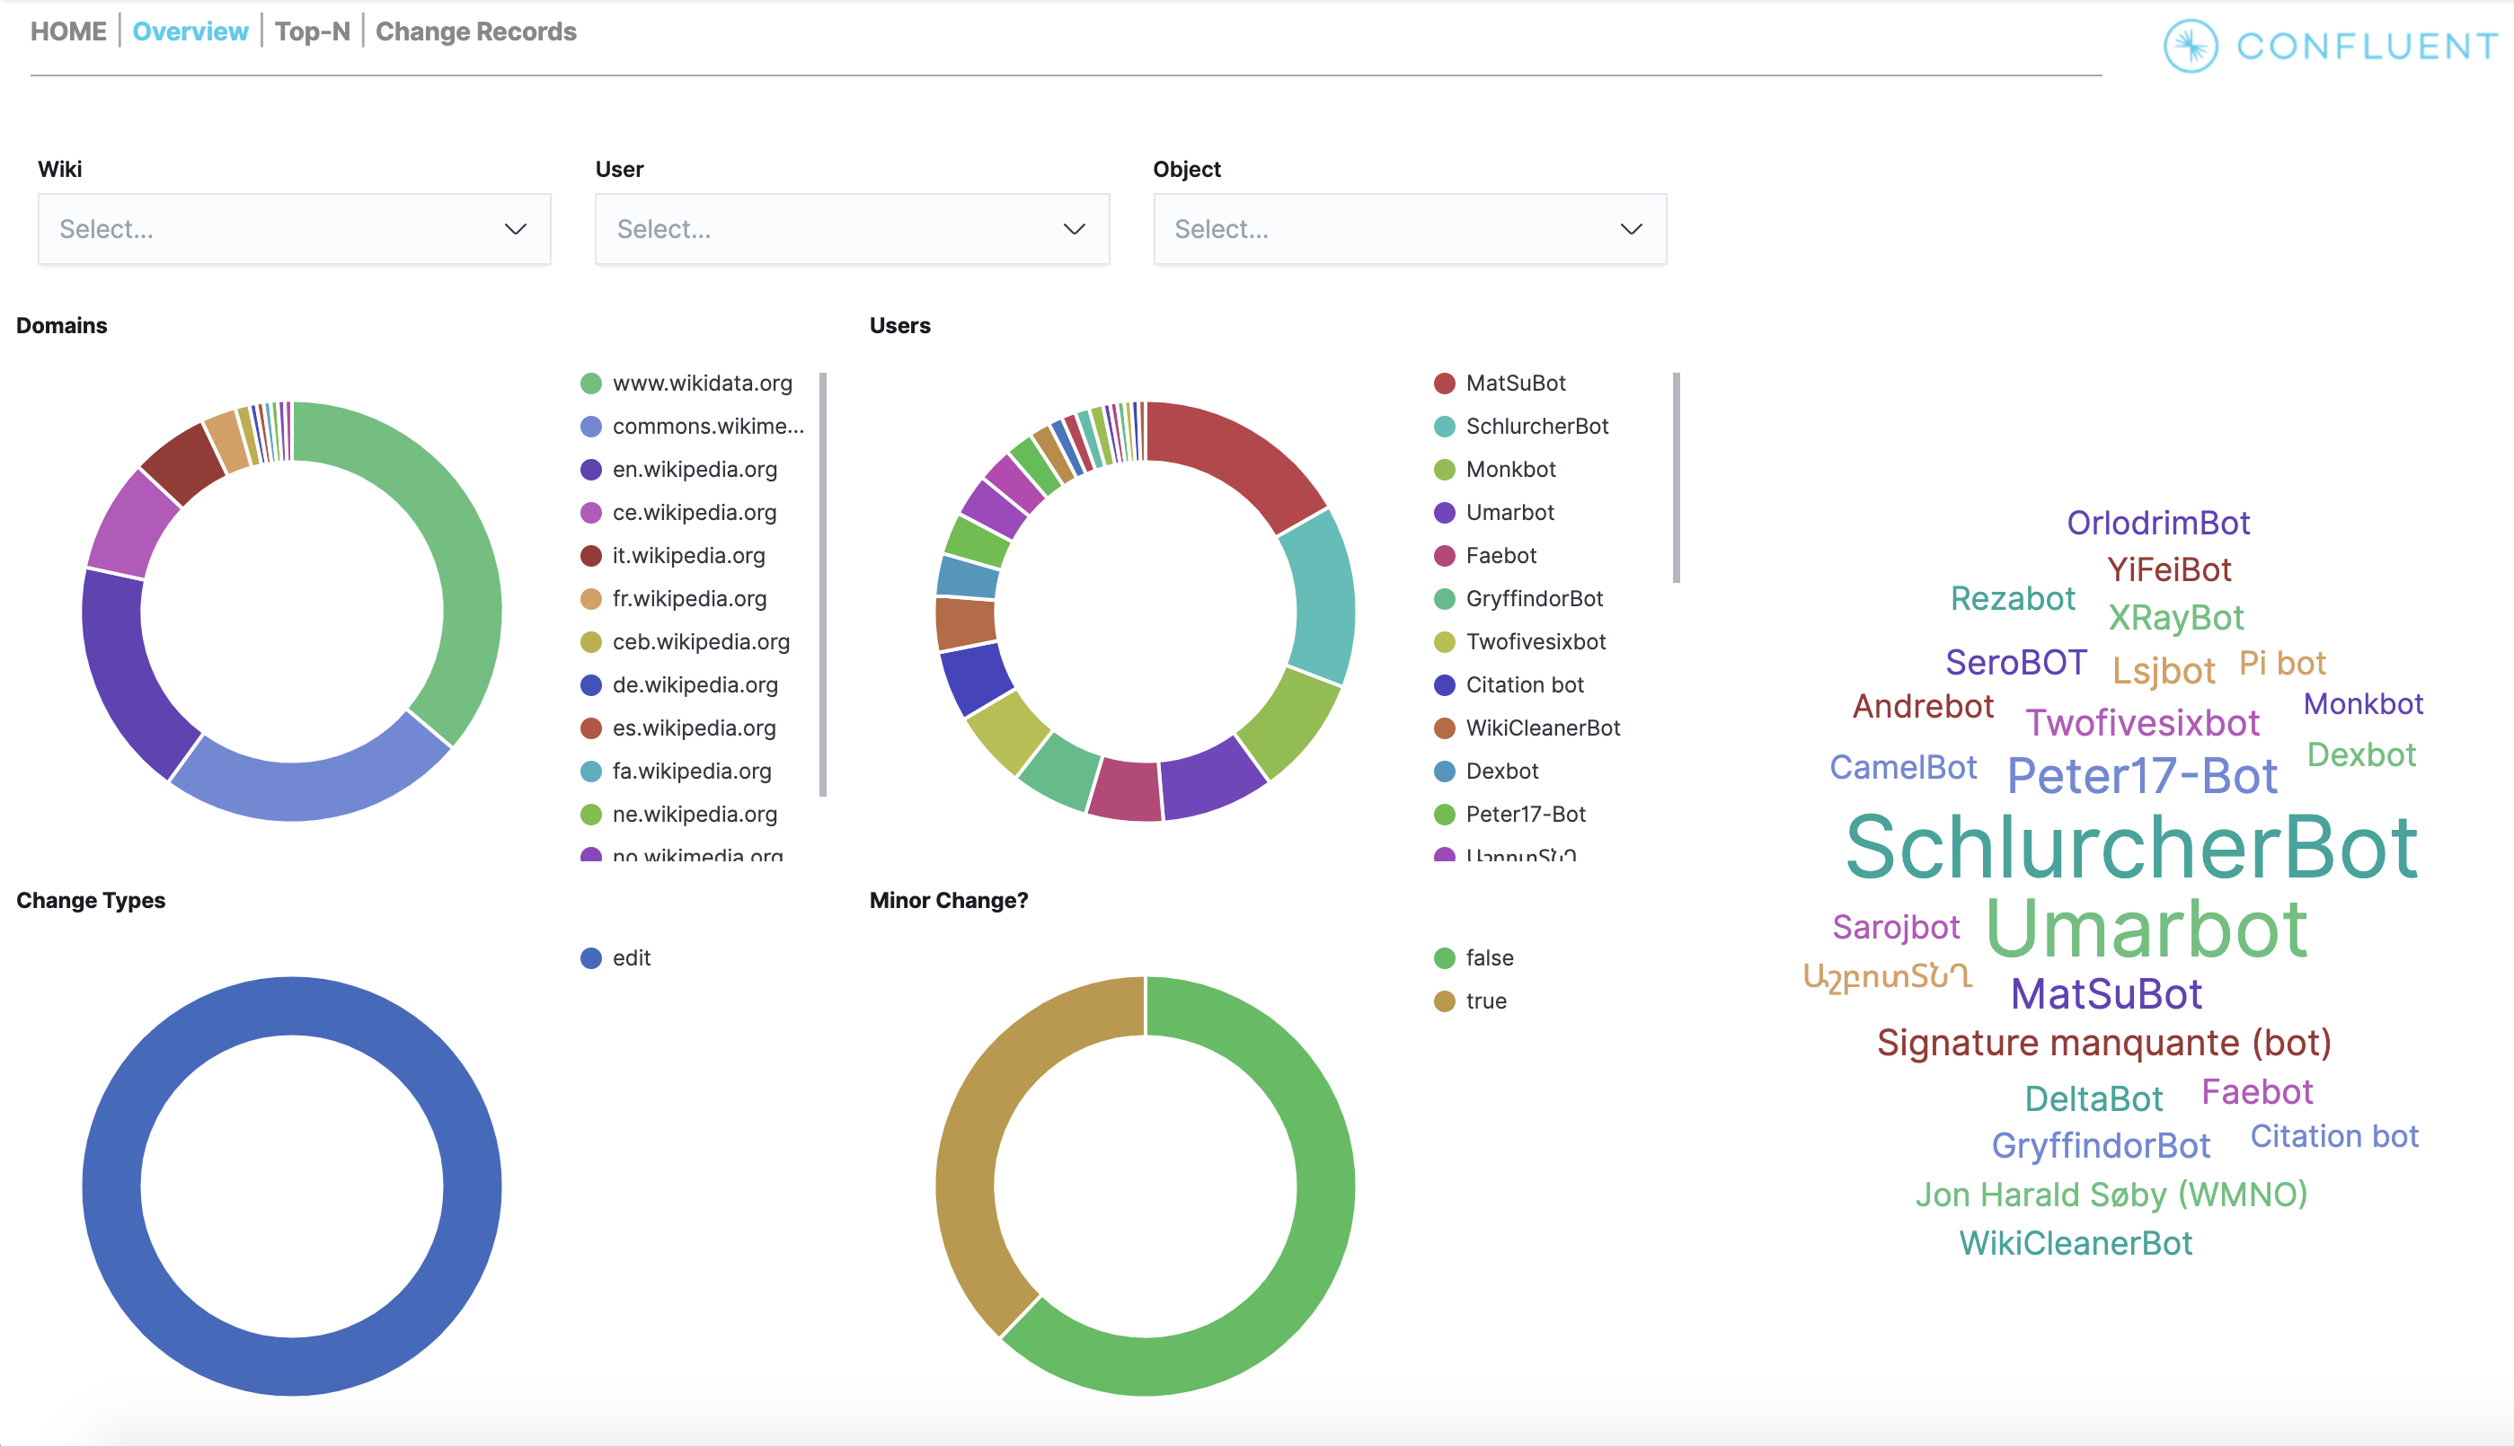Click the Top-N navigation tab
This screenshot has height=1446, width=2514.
pyautogui.click(x=312, y=31)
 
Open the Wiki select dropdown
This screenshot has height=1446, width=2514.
pyautogui.click(x=294, y=229)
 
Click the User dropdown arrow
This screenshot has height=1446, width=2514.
pyautogui.click(x=1074, y=229)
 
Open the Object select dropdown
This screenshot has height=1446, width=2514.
pyautogui.click(x=1409, y=229)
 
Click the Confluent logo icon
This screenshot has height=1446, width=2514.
pyautogui.click(x=2191, y=46)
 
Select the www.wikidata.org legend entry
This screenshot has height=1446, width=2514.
pyautogui.click(x=701, y=384)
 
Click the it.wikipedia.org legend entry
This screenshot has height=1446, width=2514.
pyautogui.click(x=687, y=556)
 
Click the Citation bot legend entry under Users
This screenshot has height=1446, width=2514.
pyautogui.click(x=1524, y=685)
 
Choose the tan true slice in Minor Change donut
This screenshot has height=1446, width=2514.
pyautogui.click(x=978, y=1142)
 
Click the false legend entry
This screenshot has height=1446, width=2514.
pyautogui.click(x=1488, y=958)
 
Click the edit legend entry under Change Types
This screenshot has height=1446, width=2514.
pyautogui.click(x=630, y=958)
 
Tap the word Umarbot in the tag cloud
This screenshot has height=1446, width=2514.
pyautogui.click(x=2146, y=929)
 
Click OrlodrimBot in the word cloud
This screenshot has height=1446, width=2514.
pyautogui.click(x=2157, y=524)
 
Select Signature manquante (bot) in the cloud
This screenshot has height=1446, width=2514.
pyautogui.click(x=2102, y=1043)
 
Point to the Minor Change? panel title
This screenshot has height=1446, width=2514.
pyautogui.click(x=948, y=901)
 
